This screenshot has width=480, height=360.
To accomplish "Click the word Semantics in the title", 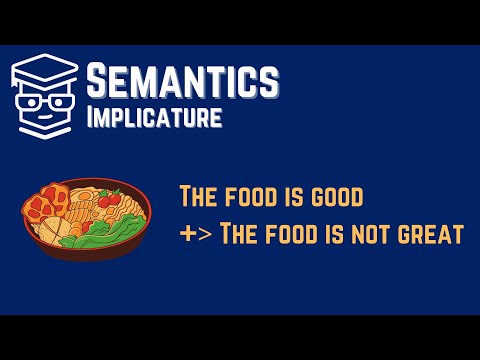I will [x=182, y=79].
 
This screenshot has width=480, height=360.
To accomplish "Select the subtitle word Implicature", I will [x=153, y=117].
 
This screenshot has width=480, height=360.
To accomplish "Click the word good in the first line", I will [x=334, y=196].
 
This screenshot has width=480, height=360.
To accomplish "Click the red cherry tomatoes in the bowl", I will [x=110, y=200].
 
